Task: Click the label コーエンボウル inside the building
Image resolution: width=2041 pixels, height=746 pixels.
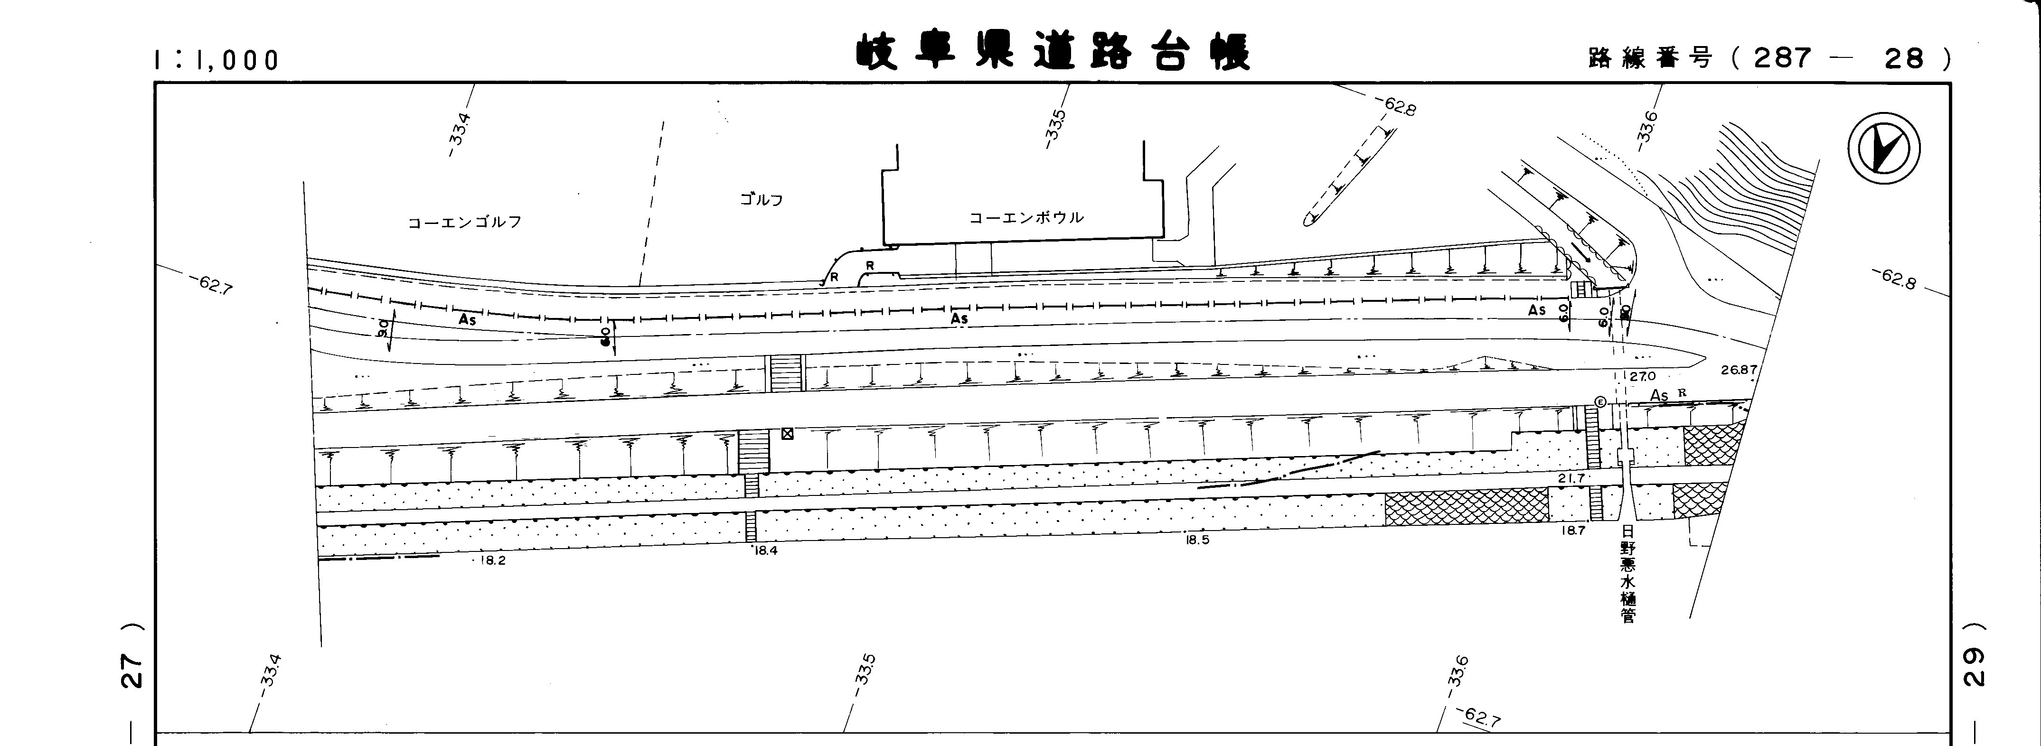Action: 1026,217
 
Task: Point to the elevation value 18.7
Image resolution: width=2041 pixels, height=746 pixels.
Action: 1573,531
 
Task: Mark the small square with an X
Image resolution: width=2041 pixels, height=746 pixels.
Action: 788,433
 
